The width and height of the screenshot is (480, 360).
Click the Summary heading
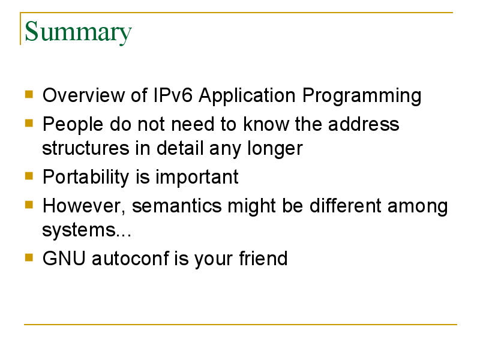[78, 32]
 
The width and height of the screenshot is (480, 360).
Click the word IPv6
[173, 95]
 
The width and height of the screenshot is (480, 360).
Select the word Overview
[83, 95]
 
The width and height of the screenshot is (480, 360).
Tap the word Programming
[362, 97]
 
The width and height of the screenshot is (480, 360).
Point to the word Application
[247, 97]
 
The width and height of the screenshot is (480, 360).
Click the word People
[73, 125]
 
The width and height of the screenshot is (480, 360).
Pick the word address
[364, 124]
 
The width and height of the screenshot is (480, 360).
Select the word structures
[85, 148]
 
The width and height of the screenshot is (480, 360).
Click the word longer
[275, 149]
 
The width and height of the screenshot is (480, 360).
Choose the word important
[197, 178]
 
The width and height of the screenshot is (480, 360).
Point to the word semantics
[176, 206]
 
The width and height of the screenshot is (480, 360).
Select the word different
[345, 205]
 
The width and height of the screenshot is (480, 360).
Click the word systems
[79, 231]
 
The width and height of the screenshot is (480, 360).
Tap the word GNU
[64, 258]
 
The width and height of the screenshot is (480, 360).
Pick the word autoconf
[130, 258]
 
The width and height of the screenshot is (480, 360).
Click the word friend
[263, 258]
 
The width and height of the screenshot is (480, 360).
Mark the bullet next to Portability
[29, 176]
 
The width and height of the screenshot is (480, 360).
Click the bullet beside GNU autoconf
[29, 257]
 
